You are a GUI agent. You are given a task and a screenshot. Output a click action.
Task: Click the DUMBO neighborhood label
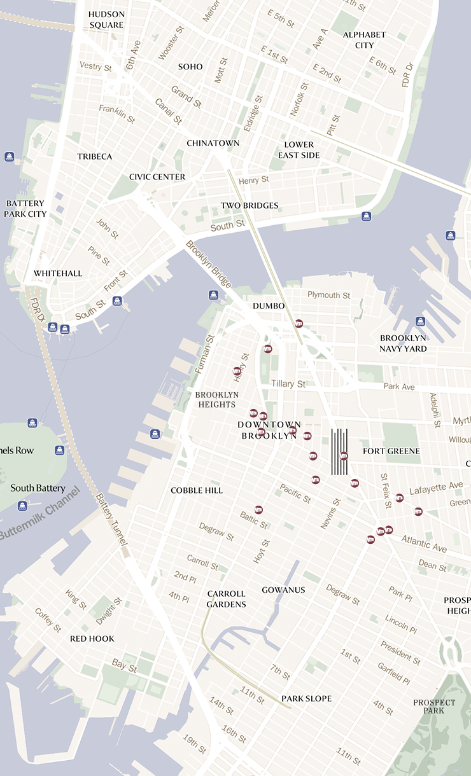coord(269,306)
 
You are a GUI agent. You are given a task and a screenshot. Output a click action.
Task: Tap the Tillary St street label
coord(288,384)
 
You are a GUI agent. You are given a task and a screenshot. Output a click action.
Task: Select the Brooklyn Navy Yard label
coord(403,343)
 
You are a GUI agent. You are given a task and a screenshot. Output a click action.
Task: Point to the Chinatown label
coord(213,143)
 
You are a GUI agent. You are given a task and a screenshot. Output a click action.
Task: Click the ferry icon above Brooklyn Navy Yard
coord(420,321)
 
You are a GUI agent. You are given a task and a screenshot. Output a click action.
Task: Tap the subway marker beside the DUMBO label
coord(299,323)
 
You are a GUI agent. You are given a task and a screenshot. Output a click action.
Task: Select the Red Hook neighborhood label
coord(92,639)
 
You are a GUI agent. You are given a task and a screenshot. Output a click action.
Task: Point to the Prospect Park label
coord(434,706)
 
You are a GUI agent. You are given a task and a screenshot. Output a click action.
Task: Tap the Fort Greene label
coord(391,451)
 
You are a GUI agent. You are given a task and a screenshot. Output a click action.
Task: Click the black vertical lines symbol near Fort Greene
coord(339,452)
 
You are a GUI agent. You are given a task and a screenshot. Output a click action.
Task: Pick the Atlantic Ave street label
coord(424,543)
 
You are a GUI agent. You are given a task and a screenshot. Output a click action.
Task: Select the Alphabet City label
coord(364,39)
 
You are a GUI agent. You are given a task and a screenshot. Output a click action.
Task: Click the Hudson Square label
coord(106,19)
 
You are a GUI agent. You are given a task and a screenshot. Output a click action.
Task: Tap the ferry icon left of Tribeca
coord(10,156)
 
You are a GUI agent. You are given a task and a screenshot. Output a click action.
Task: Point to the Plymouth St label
coord(328,295)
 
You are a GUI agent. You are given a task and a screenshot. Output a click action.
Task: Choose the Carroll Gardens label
coord(226,599)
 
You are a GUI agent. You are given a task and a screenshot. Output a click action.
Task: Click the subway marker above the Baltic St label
coord(258,509)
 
